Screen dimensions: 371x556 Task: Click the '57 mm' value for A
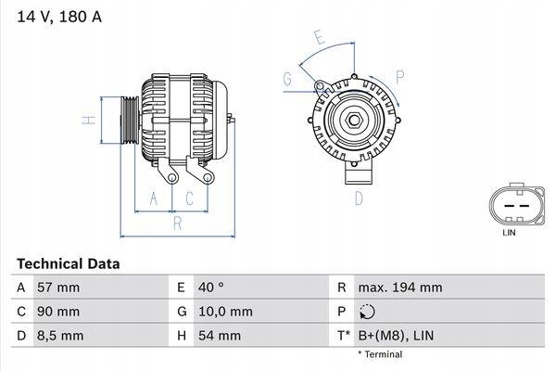pyautogui.click(x=57, y=288)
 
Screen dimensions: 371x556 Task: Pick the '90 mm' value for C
pyautogui.click(x=57, y=311)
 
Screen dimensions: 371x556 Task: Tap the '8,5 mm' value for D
pyautogui.click(x=59, y=334)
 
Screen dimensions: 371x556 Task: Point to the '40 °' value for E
pyautogui.click(x=211, y=288)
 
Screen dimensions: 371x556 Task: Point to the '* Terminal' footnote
pyautogui.click(x=381, y=354)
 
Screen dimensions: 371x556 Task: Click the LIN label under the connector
pyautogui.click(x=509, y=233)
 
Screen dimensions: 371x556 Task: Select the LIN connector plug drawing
pyautogui.click(x=509, y=205)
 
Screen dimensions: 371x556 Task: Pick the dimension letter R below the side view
pyautogui.click(x=177, y=223)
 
